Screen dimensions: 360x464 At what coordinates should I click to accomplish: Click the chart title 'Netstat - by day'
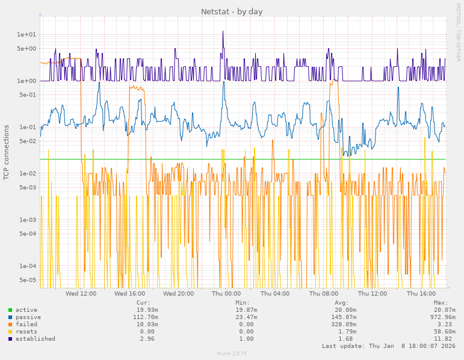(232, 11)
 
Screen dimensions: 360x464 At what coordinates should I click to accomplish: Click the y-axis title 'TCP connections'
(7, 152)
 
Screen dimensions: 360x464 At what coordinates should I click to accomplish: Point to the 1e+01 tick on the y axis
(26, 35)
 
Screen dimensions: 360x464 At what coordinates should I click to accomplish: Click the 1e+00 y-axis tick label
(26, 81)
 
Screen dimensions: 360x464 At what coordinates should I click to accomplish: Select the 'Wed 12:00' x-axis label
(81, 294)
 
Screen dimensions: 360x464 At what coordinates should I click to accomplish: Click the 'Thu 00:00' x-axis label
(226, 294)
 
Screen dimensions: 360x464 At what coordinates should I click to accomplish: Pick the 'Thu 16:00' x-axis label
(421, 294)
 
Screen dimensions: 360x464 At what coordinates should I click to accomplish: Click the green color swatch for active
(10, 310)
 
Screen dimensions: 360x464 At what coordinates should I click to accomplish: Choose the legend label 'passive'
(28, 317)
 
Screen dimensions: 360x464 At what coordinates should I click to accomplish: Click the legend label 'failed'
(26, 324)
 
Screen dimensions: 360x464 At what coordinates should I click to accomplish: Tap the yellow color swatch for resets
(10, 332)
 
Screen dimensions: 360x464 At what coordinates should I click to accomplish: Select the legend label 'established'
(36, 339)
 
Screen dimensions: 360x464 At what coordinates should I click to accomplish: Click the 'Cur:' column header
(143, 303)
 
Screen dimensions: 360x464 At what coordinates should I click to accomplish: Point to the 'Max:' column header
(441, 303)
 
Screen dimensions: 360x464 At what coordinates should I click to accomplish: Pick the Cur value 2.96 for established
(147, 339)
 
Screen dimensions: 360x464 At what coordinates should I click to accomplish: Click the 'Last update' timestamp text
(388, 346)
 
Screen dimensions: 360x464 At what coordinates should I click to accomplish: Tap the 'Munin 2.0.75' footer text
(232, 353)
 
